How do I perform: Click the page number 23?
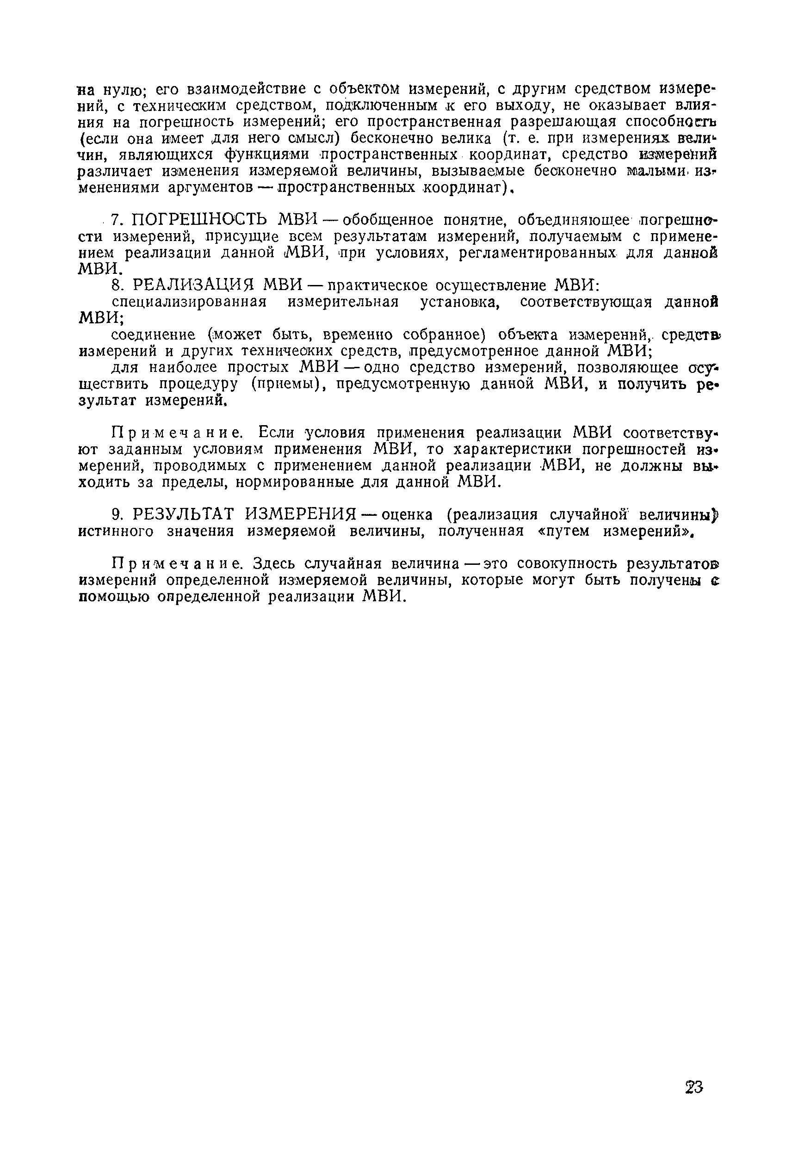694,1087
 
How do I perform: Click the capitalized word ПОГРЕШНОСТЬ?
200,220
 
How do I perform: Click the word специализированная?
189,303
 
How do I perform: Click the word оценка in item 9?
407,515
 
